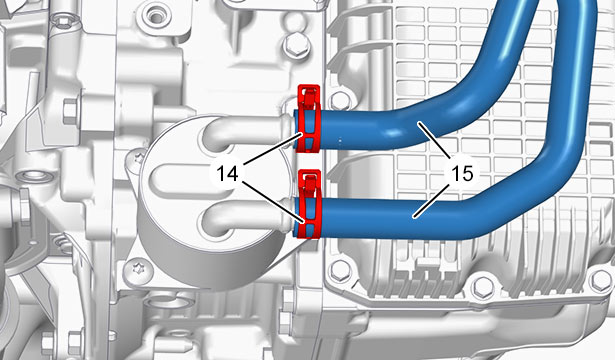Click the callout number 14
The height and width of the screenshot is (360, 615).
(x=227, y=173)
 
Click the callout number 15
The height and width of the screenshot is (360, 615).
(x=462, y=173)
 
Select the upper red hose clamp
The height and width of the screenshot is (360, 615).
(x=309, y=118)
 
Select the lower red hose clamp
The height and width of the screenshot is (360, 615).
(x=309, y=204)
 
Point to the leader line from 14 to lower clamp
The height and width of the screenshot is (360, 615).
(x=274, y=202)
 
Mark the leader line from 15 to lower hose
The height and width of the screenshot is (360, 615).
(x=431, y=201)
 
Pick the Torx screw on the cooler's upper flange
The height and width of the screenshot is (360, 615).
(x=138, y=159)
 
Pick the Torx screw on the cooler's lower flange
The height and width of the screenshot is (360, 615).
(x=135, y=269)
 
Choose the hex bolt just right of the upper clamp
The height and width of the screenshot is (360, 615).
(x=340, y=101)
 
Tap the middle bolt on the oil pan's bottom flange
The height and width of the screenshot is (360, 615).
(x=482, y=287)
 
